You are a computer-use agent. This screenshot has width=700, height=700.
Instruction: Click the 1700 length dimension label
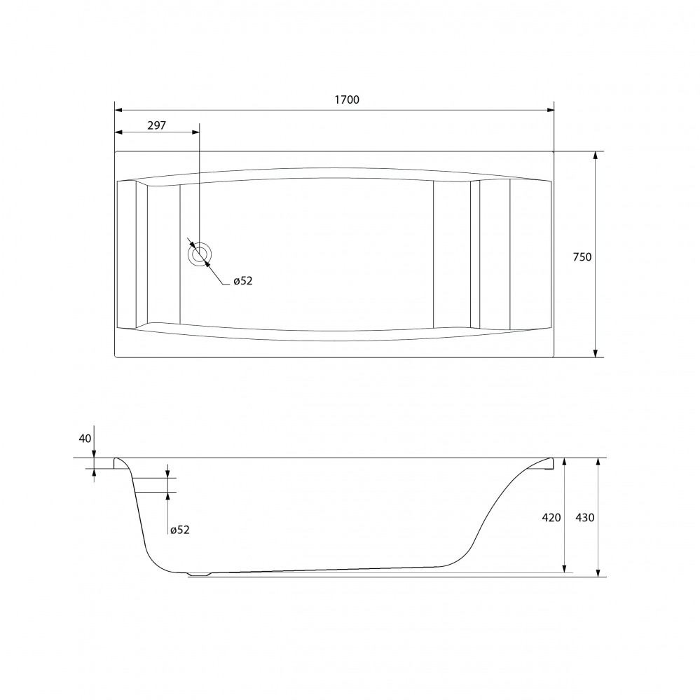pyautogui.click(x=347, y=99)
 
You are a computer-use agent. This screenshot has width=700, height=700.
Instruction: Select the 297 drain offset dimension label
pyautogui.click(x=157, y=125)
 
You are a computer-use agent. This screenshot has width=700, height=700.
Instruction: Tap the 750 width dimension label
pyautogui.click(x=582, y=256)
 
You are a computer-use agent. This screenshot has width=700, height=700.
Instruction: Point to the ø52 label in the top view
pyautogui.click(x=243, y=281)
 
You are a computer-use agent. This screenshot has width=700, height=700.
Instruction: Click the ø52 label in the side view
pyautogui.click(x=180, y=530)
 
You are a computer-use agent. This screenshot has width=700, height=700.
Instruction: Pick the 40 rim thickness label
pyautogui.click(x=85, y=439)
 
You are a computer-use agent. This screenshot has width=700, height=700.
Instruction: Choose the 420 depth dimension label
pyautogui.click(x=551, y=517)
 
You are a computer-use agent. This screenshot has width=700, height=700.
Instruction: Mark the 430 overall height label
pyautogui.click(x=585, y=517)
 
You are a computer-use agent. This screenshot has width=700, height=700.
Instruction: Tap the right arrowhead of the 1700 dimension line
pyautogui.click(x=551, y=110)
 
